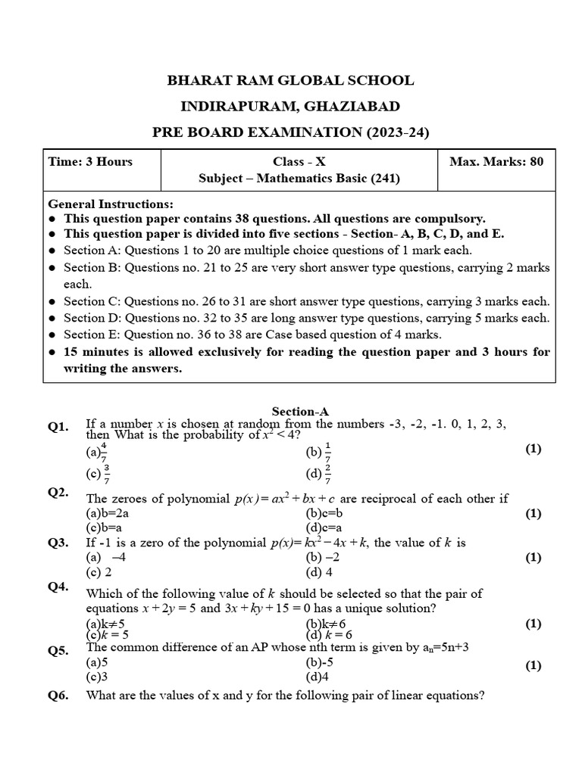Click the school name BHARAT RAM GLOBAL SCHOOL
coord(291,80)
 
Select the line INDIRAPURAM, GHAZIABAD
coord(291,106)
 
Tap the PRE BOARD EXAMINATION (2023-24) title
coord(291,132)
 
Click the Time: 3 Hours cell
coord(90,161)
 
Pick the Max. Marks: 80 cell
coord(496,161)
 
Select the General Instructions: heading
coord(111,204)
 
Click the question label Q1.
coord(58,427)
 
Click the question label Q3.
coord(58,542)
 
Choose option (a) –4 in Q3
coord(105,557)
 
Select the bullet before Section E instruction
coord(52,335)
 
